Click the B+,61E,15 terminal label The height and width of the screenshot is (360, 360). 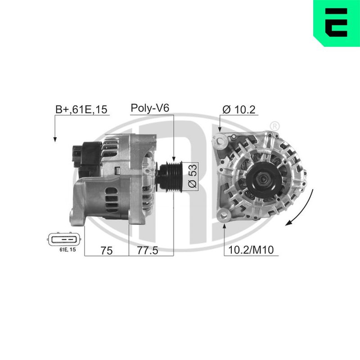(81, 109)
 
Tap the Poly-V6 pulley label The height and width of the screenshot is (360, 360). (150, 108)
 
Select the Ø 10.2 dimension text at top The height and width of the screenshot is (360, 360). (239, 109)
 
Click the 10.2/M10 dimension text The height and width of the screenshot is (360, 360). (251, 250)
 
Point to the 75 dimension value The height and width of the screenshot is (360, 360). (106, 251)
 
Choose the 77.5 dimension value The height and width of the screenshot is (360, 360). (148, 250)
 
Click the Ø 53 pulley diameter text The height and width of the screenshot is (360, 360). (193, 175)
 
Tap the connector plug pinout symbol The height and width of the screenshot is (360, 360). (64, 239)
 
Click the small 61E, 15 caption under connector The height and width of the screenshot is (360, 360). (67, 250)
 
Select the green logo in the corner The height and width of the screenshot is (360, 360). (337, 23)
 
